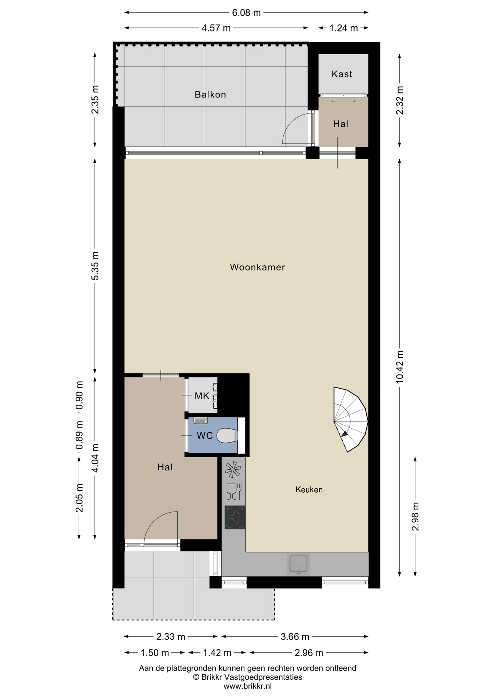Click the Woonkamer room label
(x=257, y=267)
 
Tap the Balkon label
(x=210, y=95)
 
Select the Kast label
(x=342, y=74)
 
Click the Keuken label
(x=309, y=490)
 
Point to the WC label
(x=204, y=436)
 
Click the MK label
(x=202, y=396)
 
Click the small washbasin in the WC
(x=200, y=421)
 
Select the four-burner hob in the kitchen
(x=235, y=517)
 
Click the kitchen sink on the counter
(x=298, y=565)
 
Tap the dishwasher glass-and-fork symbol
(x=234, y=492)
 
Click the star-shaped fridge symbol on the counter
(x=233, y=469)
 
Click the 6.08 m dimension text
(x=246, y=13)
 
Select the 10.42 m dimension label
(x=400, y=367)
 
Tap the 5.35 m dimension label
(x=95, y=266)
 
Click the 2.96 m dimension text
(x=308, y=653)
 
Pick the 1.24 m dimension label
(x=343, y=28)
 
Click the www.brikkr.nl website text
(x=247, y=686)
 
